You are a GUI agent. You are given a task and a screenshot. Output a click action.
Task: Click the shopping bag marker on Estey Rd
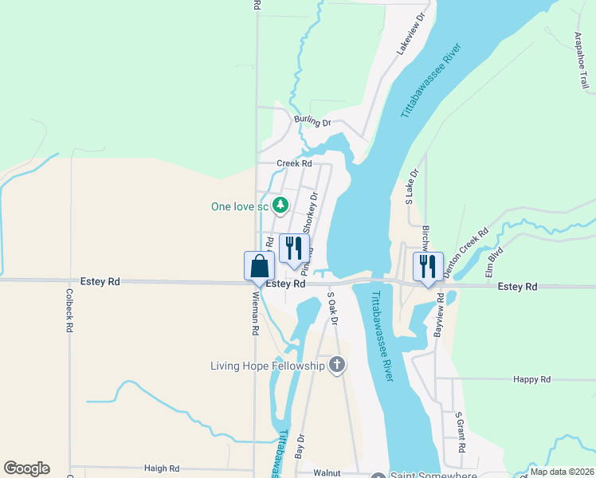click(x=259, y=266)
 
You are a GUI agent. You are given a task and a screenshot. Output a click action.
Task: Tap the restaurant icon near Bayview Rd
click(x=428, y=266)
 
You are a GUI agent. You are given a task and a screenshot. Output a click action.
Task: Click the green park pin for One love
click(x=280, y=206)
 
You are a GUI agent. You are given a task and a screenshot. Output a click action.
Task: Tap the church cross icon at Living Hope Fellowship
click(x=337, y=366)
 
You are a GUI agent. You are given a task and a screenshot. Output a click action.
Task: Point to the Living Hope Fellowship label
click(x=268, y=366)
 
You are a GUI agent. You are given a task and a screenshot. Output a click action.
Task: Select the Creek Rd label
click(x=294, y=163)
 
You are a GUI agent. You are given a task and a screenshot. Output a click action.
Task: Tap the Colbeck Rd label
click(x=69, y=310)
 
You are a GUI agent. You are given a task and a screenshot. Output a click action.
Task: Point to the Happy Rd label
click(x=532, y=380)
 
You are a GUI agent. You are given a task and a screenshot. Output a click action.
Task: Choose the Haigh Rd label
click(x=162, y=469)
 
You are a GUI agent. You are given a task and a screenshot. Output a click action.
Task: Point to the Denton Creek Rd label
click(x=465, y=253)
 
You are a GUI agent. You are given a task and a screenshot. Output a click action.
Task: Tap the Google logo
click(x=26, y=468)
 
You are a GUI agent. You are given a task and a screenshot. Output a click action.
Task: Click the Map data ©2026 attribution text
click(x=563, y=472)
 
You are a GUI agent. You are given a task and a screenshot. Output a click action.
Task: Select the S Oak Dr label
click(x=334, y=309)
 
